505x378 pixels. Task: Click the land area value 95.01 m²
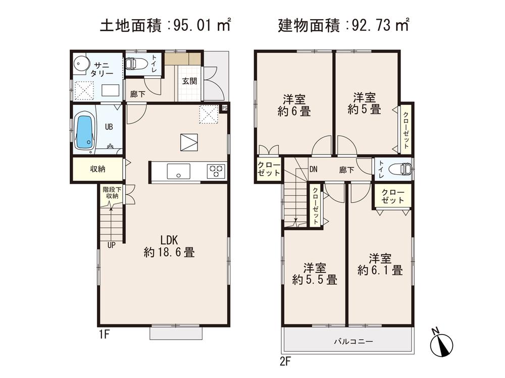[201, 25]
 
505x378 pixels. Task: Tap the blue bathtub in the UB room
[84, 132]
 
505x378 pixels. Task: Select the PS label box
[225, 107]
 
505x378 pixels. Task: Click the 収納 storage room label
[97, 169]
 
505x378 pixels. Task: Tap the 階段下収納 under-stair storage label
[111, 192]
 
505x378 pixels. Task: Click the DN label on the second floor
[313, 170]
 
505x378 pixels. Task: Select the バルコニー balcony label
[353, 342]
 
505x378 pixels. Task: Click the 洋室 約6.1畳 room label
[380, 264]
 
